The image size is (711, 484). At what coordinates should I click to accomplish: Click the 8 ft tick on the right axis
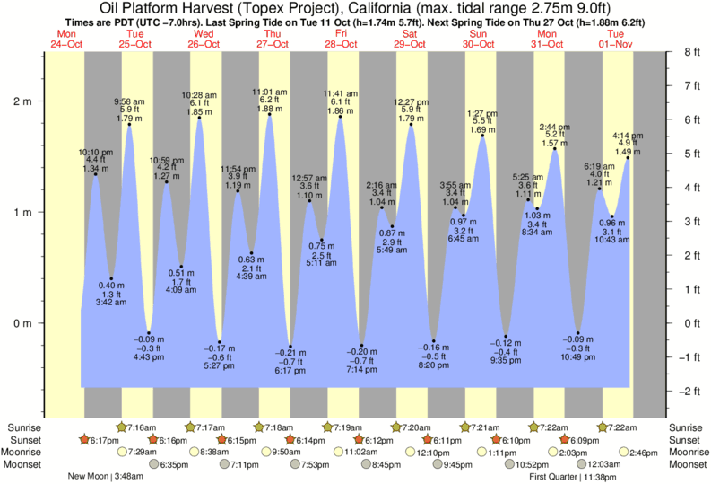pos(690,52)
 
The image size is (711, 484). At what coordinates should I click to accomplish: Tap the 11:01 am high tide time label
pos(270,92)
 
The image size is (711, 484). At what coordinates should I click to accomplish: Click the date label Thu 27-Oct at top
pos(273,40)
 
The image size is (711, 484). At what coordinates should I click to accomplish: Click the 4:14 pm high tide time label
pos(627,136)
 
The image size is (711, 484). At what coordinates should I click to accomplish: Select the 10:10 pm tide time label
pos(95,153)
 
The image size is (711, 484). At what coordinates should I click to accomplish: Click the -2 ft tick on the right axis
pos(691,392)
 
